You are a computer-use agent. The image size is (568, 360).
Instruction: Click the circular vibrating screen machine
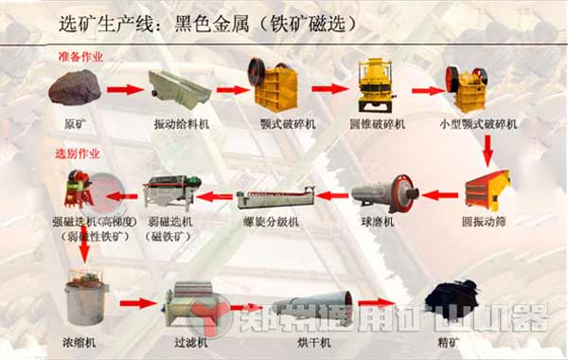click(487, 189)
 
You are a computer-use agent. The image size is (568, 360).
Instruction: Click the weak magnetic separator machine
click(171, 195)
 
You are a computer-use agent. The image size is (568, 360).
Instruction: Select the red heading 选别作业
click(77, 153)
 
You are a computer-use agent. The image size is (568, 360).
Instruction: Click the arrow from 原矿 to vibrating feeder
click(121, 90)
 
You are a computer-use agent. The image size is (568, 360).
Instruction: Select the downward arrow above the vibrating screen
click(488, 147)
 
